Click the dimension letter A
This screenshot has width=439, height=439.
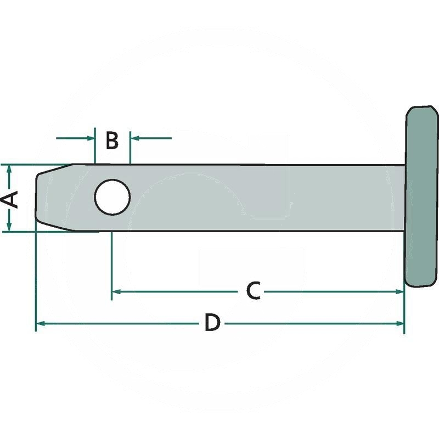pyautogui.click(x=12, y=199)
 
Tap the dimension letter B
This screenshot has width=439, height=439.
pyautogui.click(x=112, y=140)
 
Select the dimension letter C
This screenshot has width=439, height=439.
pyautogui.click(x=252, y=291)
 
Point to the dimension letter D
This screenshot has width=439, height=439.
pyautogui.click(x=212, y=323)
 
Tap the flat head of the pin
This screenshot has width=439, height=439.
pyautogui.click(x=422, y=196)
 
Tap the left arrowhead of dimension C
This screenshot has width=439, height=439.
pyautogui.click(x=116, y=291)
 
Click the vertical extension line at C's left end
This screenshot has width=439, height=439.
pyautogui.click(x=111, y=263)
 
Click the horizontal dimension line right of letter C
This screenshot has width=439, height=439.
pyautogui.click(x=329, y=291)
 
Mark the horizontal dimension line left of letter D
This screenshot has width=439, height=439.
pyautogui.click(x=121, y=324)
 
